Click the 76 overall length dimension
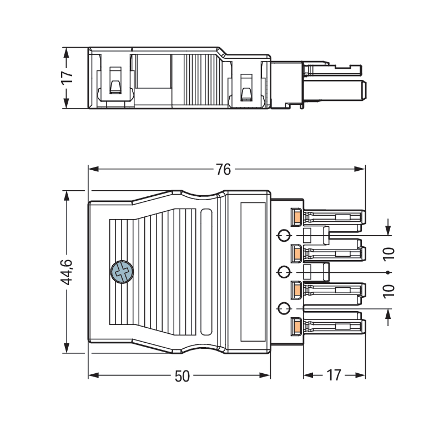pyautogui.click(x=223, y=169)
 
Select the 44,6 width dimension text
pyautogui.click(x=67, y=272)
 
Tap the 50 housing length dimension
pyautogui.click(x=182, y=376)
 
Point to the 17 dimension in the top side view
pyautogui.click(x=67, y=78)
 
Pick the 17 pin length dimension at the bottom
pyautogui.click(x=334, y=375)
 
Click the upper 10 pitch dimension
pyautogui.click(x=388, y=254)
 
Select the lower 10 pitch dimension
pyautogui.click(x=388, y=291)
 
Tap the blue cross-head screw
pyautogui.click(x=122, y=272)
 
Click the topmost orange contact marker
pyautogui.click(x=297, y=216)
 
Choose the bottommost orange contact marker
pyautogui.click(x=297, y=327)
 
